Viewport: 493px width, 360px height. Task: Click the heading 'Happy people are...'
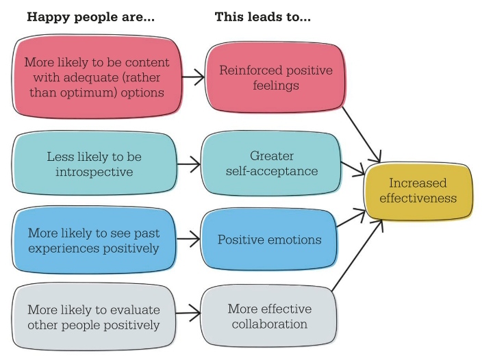coord(90,17)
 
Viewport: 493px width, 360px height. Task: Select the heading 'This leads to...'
coord(263,17)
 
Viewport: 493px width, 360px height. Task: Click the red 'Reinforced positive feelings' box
coord(275,78)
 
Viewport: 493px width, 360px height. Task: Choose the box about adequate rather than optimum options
coord(97,77)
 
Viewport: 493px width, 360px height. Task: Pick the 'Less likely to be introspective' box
coord(94,164)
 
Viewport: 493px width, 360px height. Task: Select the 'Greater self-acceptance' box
coord(272,164)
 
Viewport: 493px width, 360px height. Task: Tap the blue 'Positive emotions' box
coord(270,240)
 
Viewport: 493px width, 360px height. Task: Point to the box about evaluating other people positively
coord(94,316)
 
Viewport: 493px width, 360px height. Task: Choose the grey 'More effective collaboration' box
coord(270,316)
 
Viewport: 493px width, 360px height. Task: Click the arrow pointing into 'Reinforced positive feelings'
coord(193,78)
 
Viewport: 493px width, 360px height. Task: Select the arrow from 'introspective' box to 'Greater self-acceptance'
coord(188,164)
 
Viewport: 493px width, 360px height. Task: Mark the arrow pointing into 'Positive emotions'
coord(188,240)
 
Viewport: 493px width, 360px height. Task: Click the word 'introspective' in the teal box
coord(94,172)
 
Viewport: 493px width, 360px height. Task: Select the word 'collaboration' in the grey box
coord(270,324)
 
